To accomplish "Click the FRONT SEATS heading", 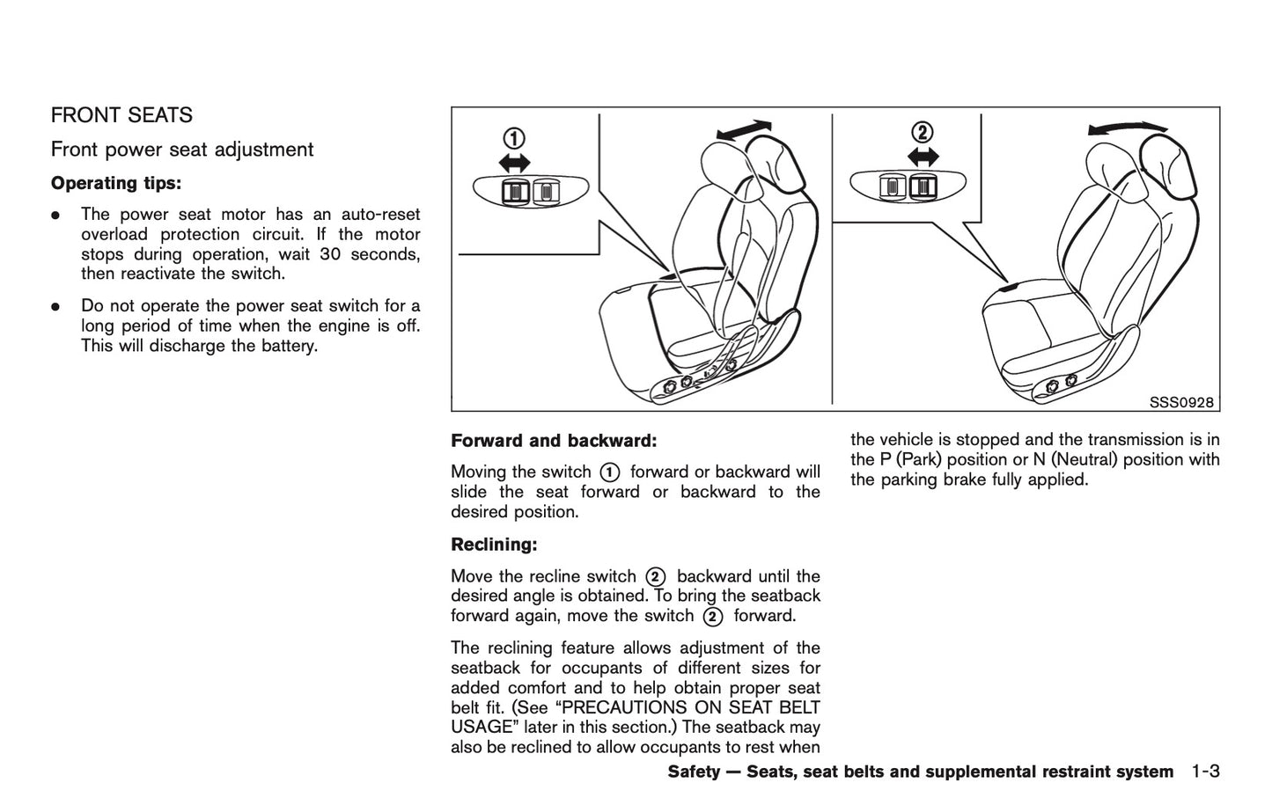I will (121, 115).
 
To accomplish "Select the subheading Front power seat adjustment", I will (181, 150).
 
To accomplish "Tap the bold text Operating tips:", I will (116, 183).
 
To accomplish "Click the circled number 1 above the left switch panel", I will (514, 139).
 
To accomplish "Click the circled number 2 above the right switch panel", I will (921, 133).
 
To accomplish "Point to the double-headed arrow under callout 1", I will (514, 161).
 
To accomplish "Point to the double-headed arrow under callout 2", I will (921, 156).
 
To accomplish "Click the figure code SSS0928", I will (1181, 403).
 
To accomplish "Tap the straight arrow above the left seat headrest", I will (744, 129).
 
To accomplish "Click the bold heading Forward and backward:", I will (554, 440).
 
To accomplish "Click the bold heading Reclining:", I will (493, 545).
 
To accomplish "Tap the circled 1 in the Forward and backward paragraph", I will (610, 472).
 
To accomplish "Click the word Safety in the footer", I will (694, 772).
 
